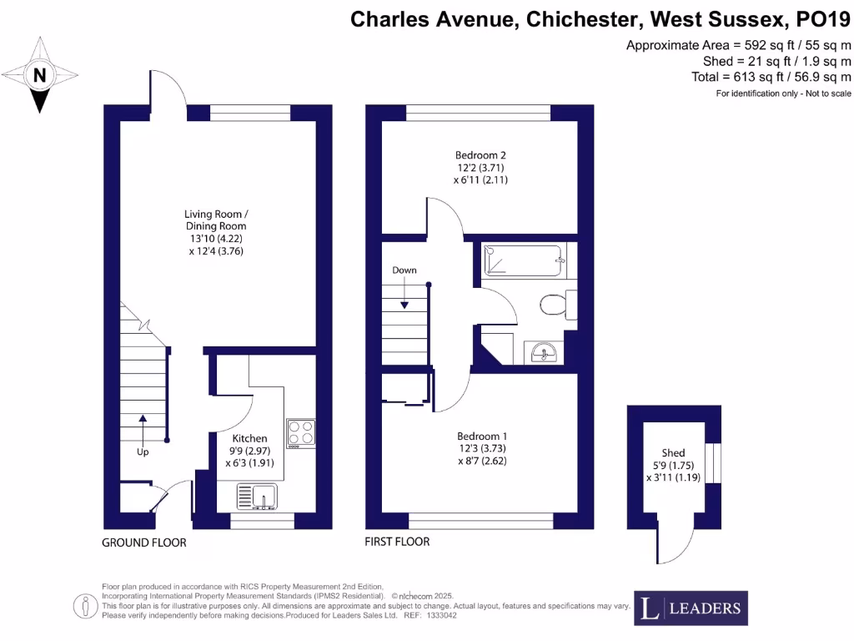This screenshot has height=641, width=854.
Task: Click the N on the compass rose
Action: [40, 74]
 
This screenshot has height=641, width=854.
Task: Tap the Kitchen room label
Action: [249, 438]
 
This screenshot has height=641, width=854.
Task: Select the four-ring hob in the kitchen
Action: [300, 433]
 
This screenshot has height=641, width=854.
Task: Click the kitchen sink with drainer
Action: [257, 497]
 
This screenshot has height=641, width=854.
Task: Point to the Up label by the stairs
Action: [143, 452]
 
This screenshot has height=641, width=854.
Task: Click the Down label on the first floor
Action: [404, 270]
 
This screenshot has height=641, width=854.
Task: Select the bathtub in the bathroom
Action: [524, 260]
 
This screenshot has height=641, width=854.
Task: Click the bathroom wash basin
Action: [543, 353]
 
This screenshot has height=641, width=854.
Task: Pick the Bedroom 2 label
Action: [480, 155]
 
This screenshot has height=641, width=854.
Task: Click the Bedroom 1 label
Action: [482, 436]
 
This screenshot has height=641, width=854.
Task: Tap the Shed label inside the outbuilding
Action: [673, 453]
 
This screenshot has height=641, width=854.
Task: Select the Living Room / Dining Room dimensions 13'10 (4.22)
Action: [216, 239]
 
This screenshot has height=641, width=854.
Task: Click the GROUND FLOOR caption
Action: [144, 543]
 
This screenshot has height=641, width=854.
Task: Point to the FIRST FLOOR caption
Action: [397, 541]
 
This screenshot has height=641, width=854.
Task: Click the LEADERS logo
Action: [691, 608]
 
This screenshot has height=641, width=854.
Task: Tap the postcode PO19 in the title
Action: [823, 20]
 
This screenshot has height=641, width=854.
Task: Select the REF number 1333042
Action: [442, 615]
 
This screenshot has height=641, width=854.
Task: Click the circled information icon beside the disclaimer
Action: [86, 606]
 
